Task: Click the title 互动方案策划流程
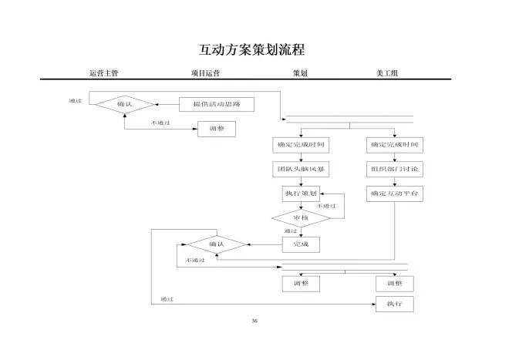coord(252,50)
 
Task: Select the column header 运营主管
coord(103,73)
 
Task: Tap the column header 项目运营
coord(205,73)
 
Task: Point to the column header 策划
coord(300,73)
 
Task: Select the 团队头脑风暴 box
coord(301,169)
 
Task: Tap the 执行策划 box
coord(301,193)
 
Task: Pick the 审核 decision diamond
coord(301,218)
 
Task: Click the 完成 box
coord(301,244)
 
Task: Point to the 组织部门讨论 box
coord(395,169)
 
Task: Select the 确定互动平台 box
coord(395,193)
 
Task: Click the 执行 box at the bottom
coord(395,304)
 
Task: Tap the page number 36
coord(254,321)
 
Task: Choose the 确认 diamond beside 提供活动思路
coord(125,103)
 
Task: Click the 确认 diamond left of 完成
coord(217,244)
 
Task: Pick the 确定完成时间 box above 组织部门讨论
coord(395,144)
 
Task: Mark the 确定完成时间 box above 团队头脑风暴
coord(301,144)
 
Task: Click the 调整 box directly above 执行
coord(395,283)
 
